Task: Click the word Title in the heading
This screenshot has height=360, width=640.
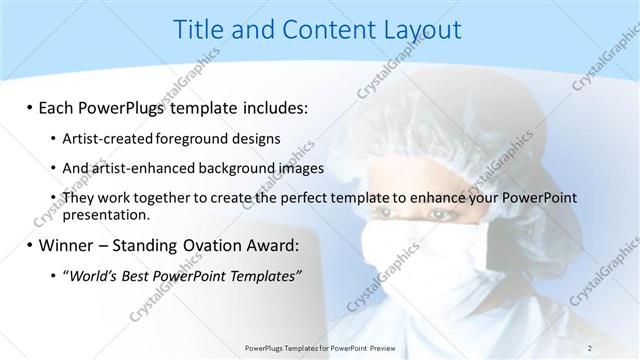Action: (x=200, y=30)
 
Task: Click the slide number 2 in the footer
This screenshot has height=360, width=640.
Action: (x=590, y=347)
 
